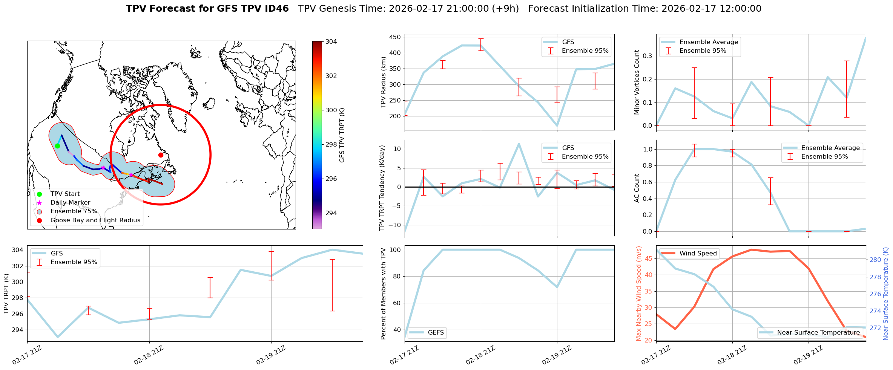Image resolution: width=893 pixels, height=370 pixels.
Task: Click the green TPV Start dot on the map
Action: [x=57, y=146]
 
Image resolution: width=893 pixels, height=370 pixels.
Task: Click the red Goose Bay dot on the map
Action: [x=161, y=155]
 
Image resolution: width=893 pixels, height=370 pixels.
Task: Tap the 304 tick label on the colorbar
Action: [x=331, y=41]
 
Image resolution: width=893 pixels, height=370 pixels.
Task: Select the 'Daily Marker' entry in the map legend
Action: [x=70, y=203]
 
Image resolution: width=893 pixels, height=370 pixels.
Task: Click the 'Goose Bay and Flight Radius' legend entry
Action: [x=95, y=220]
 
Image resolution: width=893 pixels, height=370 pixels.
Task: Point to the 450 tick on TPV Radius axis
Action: [x=395, y=37]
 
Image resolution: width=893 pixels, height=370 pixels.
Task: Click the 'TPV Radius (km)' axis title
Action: [x=384, y=82]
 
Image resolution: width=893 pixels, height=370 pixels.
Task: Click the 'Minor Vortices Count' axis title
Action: [x=637, y=82]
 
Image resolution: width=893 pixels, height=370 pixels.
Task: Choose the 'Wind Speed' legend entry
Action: [x=698, y=254]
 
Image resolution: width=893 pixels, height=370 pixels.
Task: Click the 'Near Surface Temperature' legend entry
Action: [x=818, y=333]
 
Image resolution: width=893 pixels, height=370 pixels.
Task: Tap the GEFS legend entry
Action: [x=436, y=333]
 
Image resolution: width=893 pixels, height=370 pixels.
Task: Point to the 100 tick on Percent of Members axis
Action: [x=395, y=250]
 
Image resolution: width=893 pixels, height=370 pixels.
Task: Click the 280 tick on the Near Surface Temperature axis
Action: [x=875, y=260]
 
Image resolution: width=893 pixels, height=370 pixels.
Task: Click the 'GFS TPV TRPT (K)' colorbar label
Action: [x=342, y=135]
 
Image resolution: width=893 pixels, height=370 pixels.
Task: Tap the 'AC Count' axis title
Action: [x=637, y=188]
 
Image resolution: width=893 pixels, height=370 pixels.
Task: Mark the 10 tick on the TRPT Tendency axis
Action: [x=397, y=149]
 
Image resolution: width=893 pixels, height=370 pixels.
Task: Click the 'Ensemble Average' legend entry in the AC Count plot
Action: [x=830, y=148]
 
